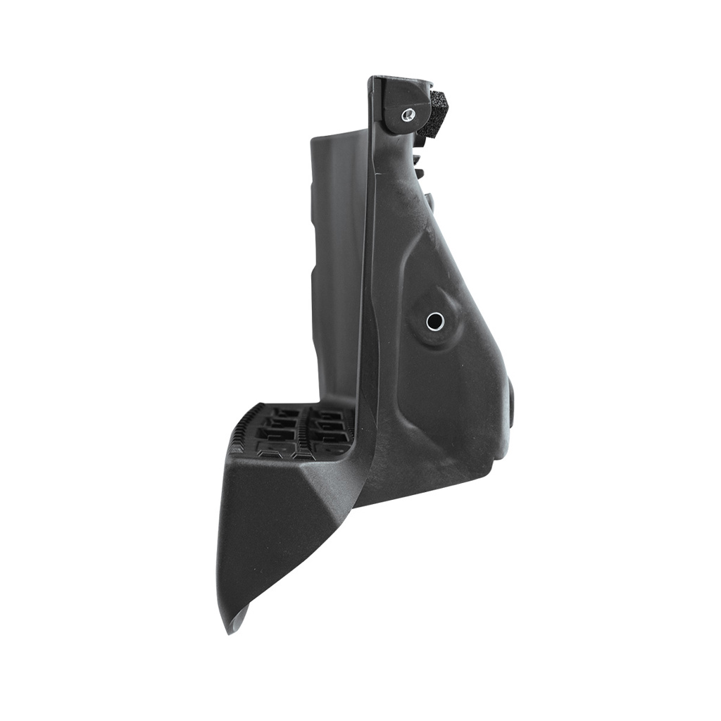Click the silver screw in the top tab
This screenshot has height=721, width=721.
407,114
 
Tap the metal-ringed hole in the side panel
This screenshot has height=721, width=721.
434,322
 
